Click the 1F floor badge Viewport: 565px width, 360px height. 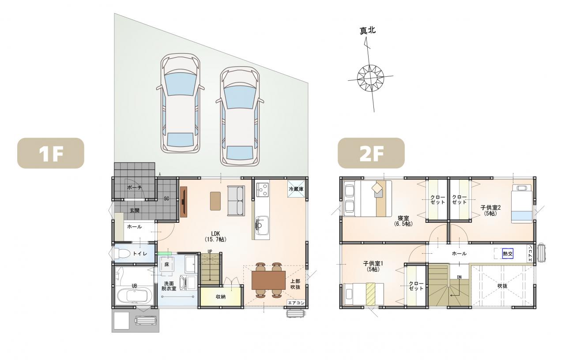click(x=51, y=153)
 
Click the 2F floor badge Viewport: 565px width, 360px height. click(x=371, y=153)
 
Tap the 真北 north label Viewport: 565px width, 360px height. click(x=368, y=30)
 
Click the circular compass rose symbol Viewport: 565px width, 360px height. click(x=370, y=77)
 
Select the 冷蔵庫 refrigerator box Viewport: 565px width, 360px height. click(x=296, y=188)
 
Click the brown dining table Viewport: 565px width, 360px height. click(x=268, y=280)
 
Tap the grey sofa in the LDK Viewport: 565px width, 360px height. click(x=236, y=201)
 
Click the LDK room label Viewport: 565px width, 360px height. click(x=215, y=236)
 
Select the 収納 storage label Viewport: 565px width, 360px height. click(x=221, y=297)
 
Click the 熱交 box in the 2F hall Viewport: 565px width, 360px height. click(x=508, y=254)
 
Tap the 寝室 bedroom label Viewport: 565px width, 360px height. click(x=403, y=221)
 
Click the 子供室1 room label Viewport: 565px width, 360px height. click(x=373, y=266)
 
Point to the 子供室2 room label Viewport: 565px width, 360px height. click(x=490, y=210)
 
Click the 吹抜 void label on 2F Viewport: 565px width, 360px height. click(x=502, y=286)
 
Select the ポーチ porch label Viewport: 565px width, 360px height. click(x=135, y=187)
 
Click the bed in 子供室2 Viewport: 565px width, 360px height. click(x=522, y=203)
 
